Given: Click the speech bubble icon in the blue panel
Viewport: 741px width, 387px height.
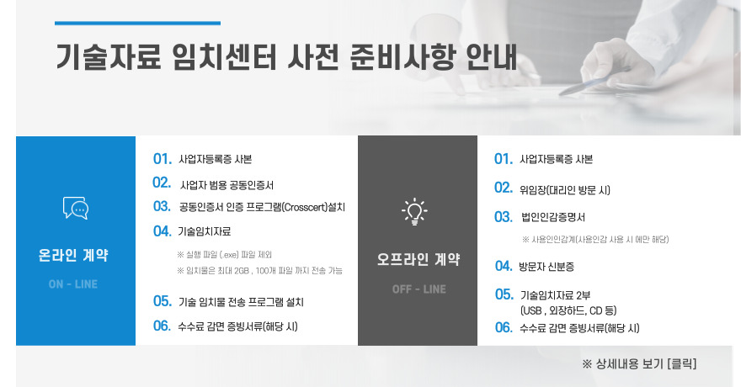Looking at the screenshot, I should [x=75, y=208].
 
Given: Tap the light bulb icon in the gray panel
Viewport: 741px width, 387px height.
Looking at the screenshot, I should [x=414, y=211].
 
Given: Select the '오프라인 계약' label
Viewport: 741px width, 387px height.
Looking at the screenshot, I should [x=418, y=260].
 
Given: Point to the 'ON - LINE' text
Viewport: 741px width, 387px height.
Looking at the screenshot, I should [x=73, y=284].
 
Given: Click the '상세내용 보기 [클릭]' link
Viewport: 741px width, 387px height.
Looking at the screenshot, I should [x=639, y=364].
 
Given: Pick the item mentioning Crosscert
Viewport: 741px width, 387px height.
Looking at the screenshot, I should [x=262, y=207].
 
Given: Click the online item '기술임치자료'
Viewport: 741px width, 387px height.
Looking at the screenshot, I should [x=204, y=231].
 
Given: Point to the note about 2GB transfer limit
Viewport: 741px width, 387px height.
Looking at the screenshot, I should [x=259, y=270].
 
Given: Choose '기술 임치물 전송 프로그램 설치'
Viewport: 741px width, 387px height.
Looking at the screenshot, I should [x=241, y=302].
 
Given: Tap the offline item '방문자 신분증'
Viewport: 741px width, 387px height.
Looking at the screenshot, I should [x=546, y=267].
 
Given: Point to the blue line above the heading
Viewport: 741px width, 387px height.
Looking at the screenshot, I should [x=137, y=23].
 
